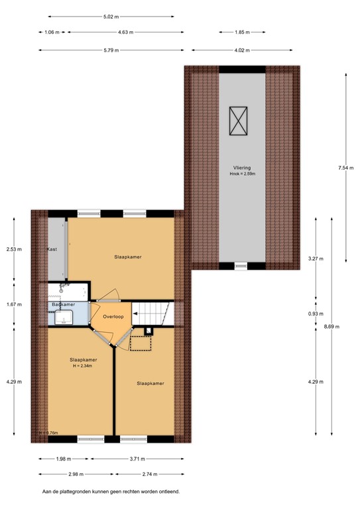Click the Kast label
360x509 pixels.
52,249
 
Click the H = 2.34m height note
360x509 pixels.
84,366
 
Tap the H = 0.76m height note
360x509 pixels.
48,433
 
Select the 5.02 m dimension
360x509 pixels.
111,17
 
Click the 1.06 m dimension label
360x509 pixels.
52,32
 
